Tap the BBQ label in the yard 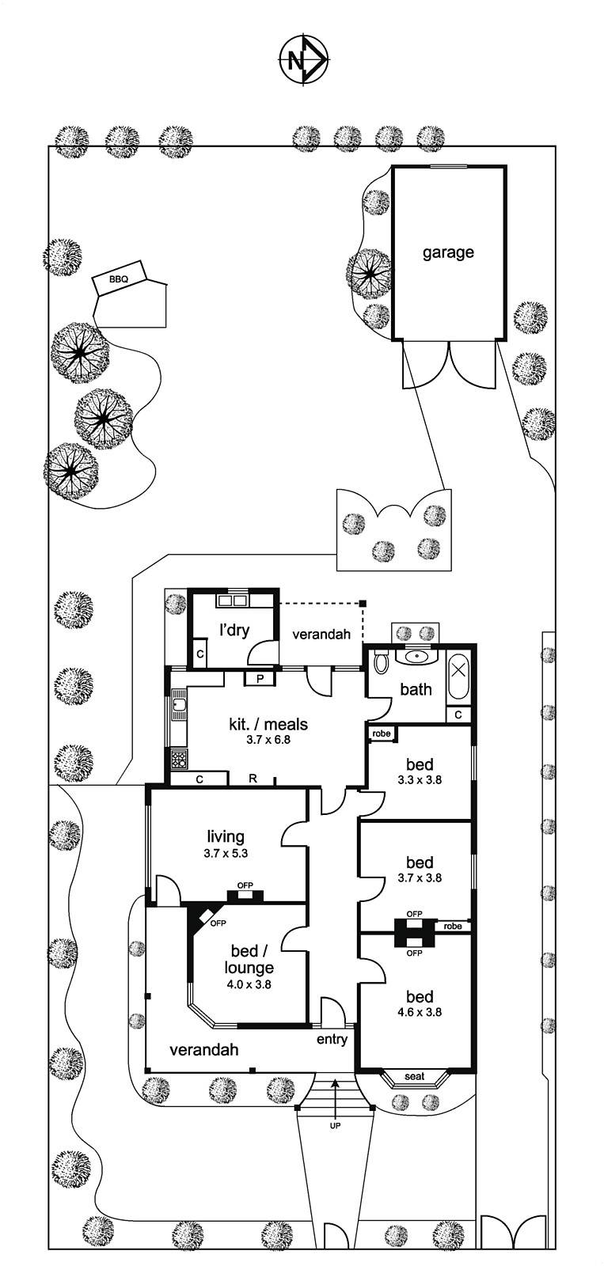[119, 279]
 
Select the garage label [448, 252]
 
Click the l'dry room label [234, 630]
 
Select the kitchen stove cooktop [179, 760]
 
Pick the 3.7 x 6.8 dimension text [268, 741]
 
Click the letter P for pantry [260, 678]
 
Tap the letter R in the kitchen [253, 779]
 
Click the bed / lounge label [252, 958]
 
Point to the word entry [332, 1039]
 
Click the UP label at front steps [335, 1125]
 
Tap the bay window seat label [414, 1076]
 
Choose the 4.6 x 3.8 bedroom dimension [420, 1011]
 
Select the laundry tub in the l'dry [233, 601]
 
